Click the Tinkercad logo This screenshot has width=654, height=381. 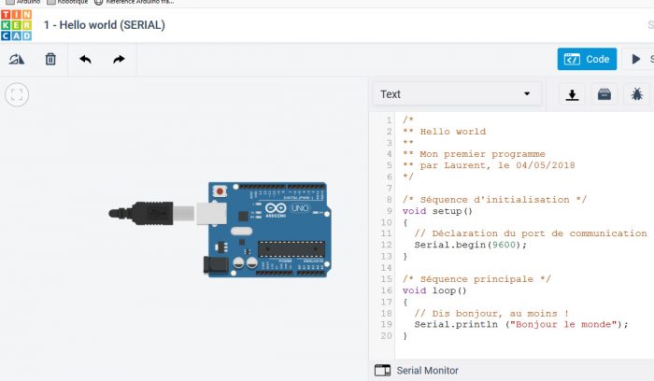[x=16, y=24]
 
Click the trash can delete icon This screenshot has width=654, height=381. [x=50, y=60]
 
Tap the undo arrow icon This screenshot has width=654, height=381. [x=85, y=60]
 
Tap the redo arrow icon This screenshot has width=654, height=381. [x=119, y=60]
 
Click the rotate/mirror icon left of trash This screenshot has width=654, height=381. [x=16, y=60]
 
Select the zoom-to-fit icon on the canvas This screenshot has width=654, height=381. [x=17, y=94]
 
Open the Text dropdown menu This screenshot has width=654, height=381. [x=457, y=93]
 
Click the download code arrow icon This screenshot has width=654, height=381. [x=573, y=93]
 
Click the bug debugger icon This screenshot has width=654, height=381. [x=636, y=93]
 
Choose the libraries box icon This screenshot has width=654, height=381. [x=604, y=93]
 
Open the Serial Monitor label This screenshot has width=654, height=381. [x=427, y=370]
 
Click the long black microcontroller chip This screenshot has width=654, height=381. [x=291, y=247]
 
